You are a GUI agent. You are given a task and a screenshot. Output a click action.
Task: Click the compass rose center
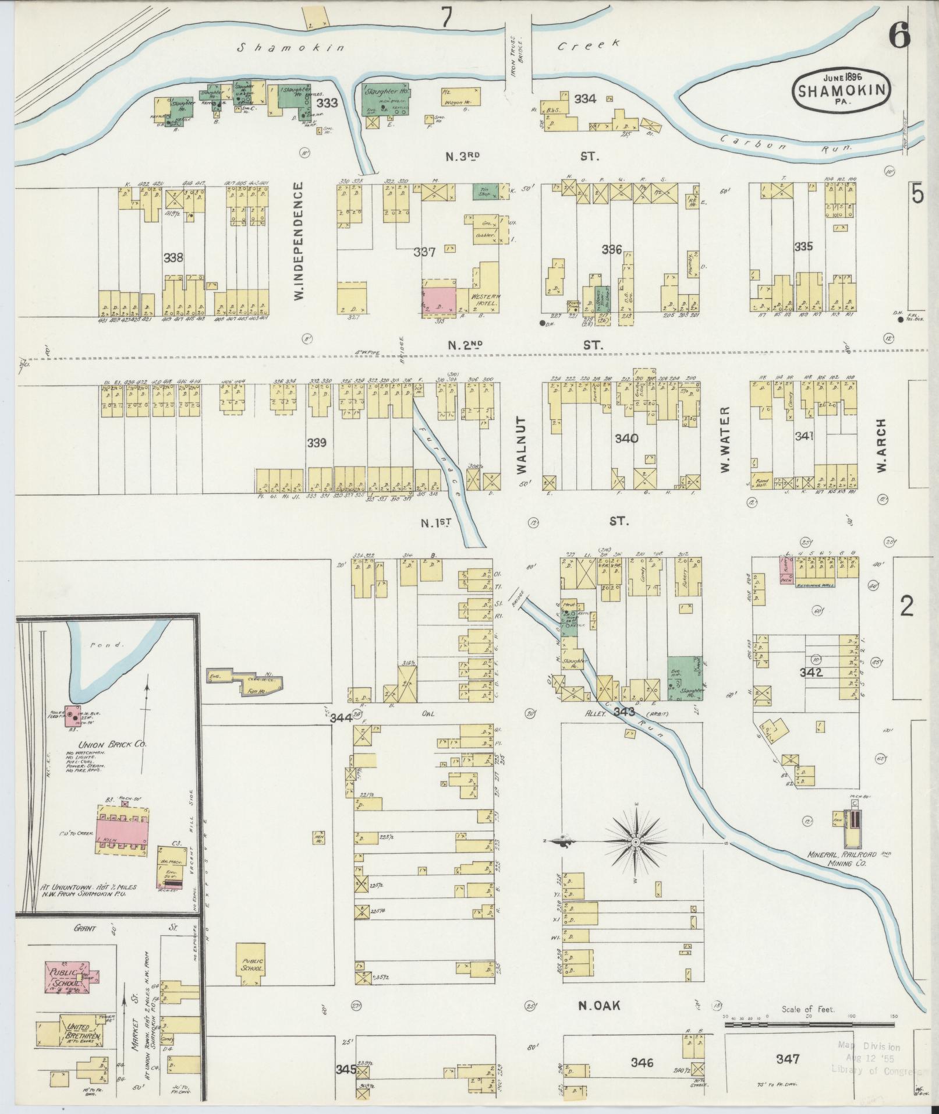click(636, 842)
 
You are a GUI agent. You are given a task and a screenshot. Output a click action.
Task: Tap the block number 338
click(173, 257)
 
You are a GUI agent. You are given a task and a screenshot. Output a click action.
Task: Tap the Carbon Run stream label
click(785, 144)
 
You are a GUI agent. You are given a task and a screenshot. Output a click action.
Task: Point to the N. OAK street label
click(600, 1005)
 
